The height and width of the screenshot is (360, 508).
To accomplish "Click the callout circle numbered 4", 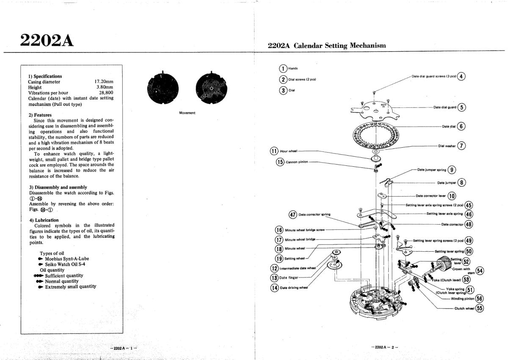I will tap(461, 77).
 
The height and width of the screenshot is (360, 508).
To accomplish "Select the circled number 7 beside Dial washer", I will tap(461, 146).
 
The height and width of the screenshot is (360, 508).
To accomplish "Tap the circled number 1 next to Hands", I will tap(283, 69).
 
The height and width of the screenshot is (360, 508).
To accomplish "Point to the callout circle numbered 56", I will tap(479, 298).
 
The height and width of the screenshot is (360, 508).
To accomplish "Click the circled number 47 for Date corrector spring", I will tap(293, 214).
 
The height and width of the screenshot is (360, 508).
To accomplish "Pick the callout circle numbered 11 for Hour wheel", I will tap(274, 151).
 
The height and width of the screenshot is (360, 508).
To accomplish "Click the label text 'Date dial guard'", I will tap(444, 107).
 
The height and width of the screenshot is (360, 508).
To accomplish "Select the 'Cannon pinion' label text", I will tap(298, 162).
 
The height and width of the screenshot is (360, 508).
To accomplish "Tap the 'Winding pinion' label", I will tap(462, 298).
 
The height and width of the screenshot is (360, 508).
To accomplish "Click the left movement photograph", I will tap(161, 89).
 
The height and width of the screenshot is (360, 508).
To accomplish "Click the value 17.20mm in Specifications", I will tap(104, 82).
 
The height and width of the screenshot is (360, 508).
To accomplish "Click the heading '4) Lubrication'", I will tap(44, 220).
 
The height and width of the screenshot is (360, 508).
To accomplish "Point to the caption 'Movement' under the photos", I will tap(187, 113).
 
